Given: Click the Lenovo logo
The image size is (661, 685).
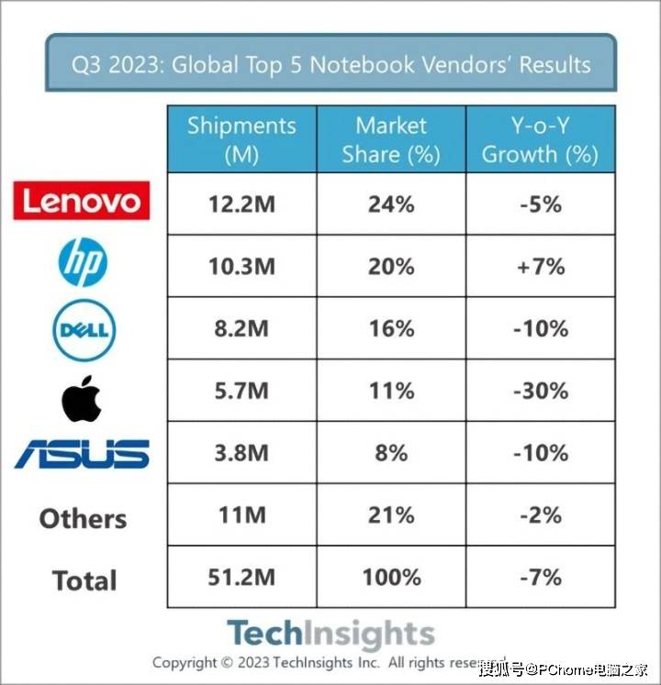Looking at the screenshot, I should pos(82,201).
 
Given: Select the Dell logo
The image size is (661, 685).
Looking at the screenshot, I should pos(84,328).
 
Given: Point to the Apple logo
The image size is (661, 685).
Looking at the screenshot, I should pos(82,397).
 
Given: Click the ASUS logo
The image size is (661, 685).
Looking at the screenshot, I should pos(82,455).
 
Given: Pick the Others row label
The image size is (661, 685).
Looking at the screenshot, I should pos(83,518).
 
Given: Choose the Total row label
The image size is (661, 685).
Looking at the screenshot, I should pos(84,580).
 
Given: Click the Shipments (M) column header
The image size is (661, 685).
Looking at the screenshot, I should pos(241,139).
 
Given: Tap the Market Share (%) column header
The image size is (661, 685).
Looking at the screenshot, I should pos(391,139).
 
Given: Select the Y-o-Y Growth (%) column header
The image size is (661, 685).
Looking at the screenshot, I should pos(540,139).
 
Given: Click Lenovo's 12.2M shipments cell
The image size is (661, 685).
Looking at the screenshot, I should pos(241,204).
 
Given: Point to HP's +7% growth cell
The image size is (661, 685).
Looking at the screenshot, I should pos(540,267).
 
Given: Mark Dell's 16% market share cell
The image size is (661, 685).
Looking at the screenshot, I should pos(391,328).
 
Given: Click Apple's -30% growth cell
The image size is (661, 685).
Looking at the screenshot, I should pos(540,391).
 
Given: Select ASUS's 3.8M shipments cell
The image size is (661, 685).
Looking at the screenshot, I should pos(241,453).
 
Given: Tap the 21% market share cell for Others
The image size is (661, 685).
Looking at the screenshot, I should pos(391,515).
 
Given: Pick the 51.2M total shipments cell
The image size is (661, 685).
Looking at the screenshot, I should pos(241,577).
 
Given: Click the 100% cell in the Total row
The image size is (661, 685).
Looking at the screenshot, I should pos(391,577).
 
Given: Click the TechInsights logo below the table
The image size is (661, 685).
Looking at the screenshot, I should pos(330,633).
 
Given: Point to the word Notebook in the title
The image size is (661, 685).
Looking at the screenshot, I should pos(361,65).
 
